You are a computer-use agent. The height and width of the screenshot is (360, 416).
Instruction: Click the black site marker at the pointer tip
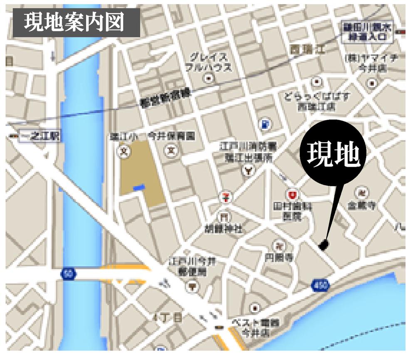click(323, 246)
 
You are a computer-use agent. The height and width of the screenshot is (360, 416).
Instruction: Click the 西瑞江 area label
click(308, 49)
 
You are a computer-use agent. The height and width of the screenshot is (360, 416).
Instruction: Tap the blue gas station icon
click(265, 123)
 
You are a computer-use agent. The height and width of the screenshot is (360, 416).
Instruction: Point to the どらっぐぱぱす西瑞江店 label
click(317, 101)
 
